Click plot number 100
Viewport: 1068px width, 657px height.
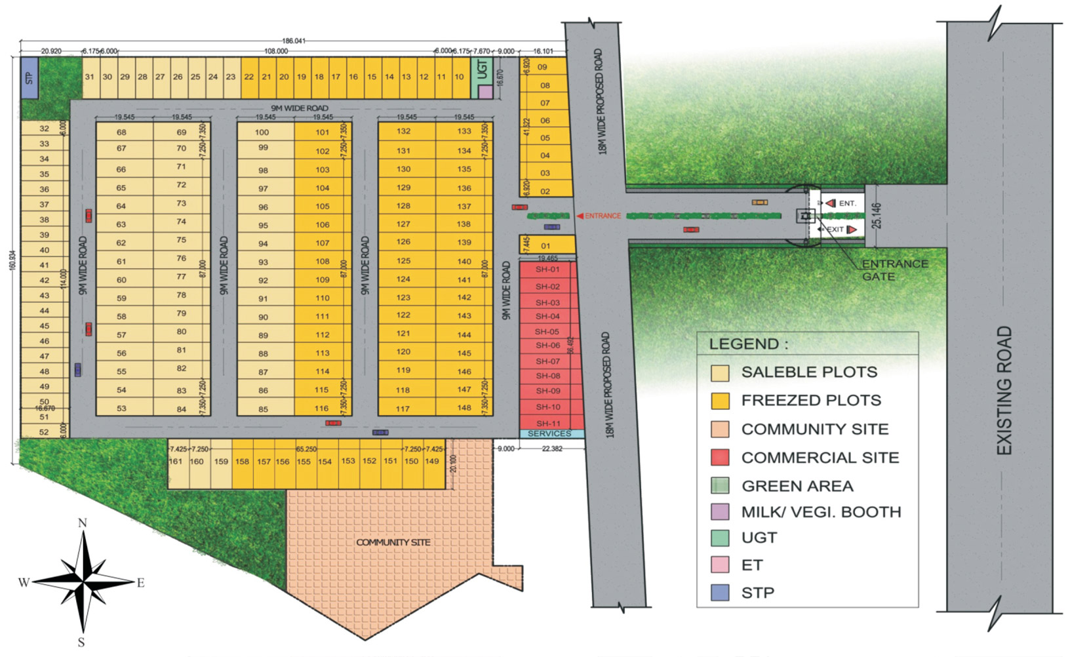pyautogui.click(x=262, y=132)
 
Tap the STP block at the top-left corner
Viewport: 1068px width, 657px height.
pyautogui.click(x=29, y=78)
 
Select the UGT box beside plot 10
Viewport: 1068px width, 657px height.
pyautogui.click(x=483, y=70)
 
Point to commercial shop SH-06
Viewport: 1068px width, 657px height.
pyautogui.click(x=547, y=346)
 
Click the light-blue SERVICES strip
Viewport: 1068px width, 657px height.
pyautogui.click(x=549, y=434)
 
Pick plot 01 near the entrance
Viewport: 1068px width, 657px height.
pyautogui.click(x=545, y=246)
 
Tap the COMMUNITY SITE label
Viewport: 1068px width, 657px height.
pyautogui.click(x=393, y=542)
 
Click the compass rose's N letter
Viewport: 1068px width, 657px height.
pyautogui.click(x=83, y=523)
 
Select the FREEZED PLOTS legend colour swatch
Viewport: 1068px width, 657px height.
pyautogui.click(x=720, y=401)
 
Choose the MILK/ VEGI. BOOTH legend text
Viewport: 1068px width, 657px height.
pyautogui.click(x=821, y=512)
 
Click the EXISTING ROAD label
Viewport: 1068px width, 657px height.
pyautogui.click(x=1004, y=391)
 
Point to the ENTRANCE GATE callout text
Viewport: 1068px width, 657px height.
pyautogui.click(x=894, y=270)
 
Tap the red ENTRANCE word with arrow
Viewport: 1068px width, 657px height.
pyautogui.click(x=599, y=216)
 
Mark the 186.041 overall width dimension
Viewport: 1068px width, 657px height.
pyautogui.click(x=293, y=41)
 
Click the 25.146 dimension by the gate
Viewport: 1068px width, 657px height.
pyautogui.click(x=877, y=215)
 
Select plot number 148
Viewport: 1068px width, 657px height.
pyautogui.click(x=464, y=408)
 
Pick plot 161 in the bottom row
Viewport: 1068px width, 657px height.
pyautogui.click(x=176, y=462)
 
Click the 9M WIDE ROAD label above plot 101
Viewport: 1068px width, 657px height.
pyautogui.click(x=300, y=108)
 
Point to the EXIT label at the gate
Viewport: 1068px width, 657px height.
pyautogui.click(x=835, y=229)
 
